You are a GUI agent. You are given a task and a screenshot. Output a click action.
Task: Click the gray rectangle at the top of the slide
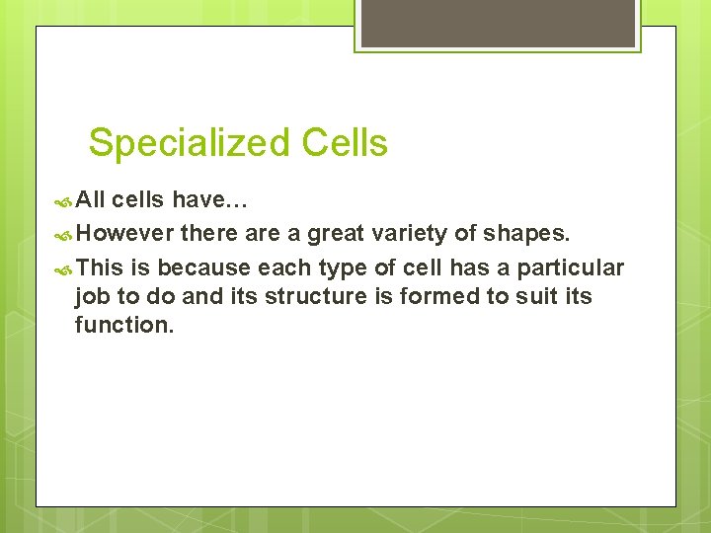click(x=497, y=24)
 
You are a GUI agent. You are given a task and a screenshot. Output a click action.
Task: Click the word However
click(x=124, y=234)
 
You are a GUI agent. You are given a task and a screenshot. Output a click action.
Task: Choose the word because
click(x=203, y=267)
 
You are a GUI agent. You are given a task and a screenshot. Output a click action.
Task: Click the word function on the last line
click(x=123, y=325)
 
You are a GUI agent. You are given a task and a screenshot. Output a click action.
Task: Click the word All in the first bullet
click(x=91, y=201)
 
